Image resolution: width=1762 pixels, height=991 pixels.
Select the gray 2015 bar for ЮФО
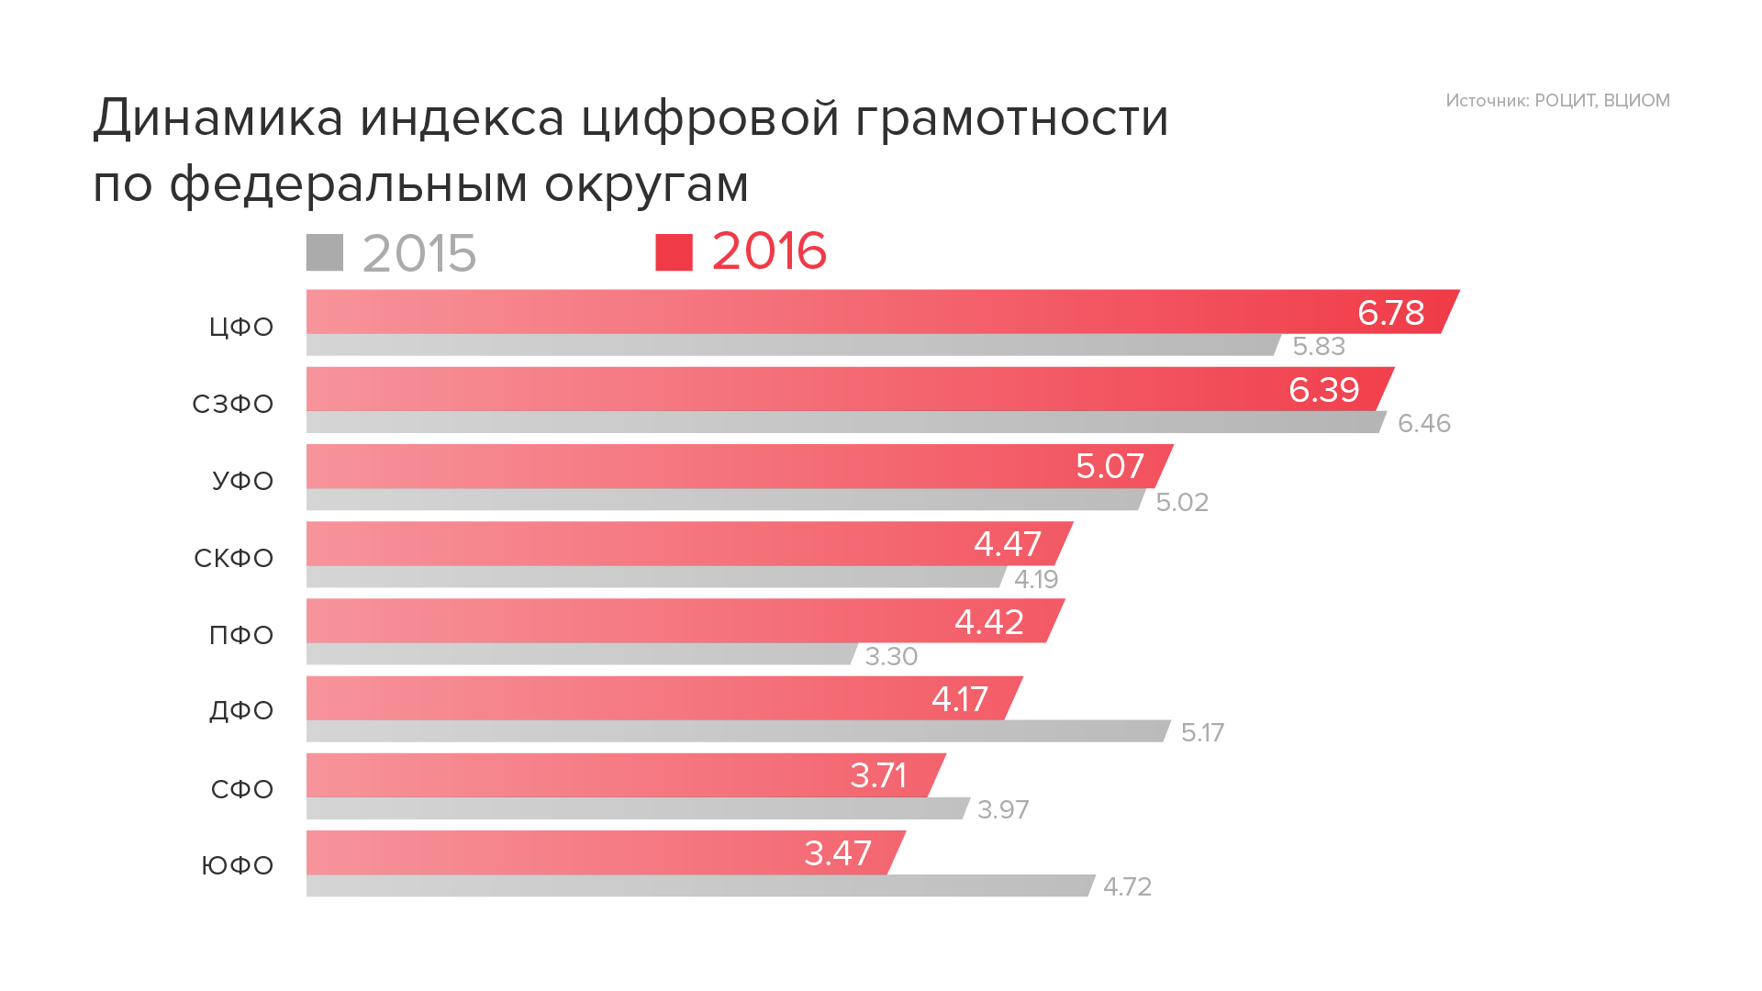click(697, 886)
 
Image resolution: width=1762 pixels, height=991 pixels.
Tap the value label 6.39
click(1323, 390)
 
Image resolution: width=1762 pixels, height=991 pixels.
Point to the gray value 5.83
click(1319, 347)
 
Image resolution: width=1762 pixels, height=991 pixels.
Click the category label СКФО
click(233, 558)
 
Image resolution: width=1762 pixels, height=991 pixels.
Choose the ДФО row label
click(241, 710)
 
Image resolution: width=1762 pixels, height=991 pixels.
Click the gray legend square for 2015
click(325, 253)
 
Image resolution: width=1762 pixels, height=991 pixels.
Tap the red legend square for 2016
click(674, 253)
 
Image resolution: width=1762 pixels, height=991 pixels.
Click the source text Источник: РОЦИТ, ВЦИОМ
click(1557, 101)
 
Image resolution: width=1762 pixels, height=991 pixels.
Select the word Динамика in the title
click(218, 118)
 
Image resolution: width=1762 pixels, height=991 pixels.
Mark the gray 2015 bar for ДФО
click(734, 731)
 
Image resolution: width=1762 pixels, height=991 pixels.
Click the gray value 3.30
click(891, 657)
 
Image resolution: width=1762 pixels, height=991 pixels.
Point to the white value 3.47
click(837, 853)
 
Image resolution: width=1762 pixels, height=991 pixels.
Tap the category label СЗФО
click(232, 404)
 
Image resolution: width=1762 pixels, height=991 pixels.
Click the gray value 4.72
click(1127, 887)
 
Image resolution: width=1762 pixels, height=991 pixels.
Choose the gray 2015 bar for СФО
click(633, 808)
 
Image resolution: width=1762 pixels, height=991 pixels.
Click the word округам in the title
click(646, 184)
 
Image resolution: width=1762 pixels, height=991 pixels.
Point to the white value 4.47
click(1007, 544)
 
